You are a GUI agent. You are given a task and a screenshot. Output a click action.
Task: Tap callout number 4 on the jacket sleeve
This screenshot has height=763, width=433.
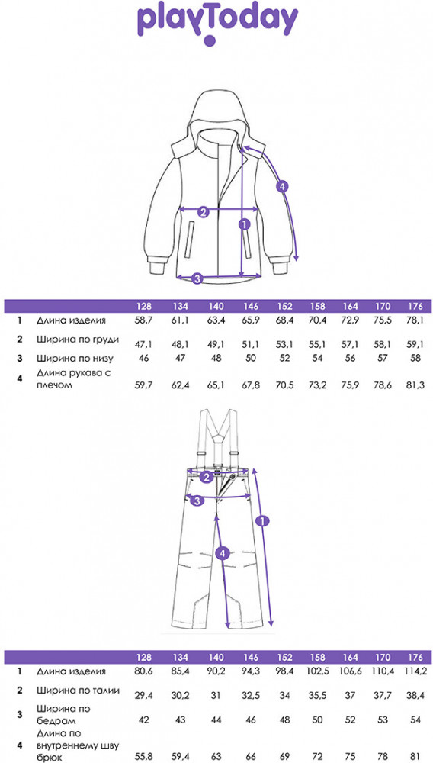[x=282, y=186]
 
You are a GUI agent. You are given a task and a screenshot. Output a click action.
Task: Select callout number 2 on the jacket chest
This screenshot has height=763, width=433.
[x=204, y=211]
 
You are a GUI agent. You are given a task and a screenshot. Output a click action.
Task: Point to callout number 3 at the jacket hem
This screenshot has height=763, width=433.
[x=197, y=278]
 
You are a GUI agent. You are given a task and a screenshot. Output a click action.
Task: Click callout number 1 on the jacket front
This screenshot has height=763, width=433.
[x=244, y=224]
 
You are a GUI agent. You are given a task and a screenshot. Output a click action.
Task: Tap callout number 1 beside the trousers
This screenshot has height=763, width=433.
[x=263, y=521]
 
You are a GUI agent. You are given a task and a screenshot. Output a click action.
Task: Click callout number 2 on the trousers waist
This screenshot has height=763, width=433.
[x=207, y=477]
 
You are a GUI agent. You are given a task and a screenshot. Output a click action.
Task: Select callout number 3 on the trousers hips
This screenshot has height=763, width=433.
[x=197, y=501]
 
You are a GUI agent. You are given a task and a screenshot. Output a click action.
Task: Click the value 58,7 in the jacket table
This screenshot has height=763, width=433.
[x=144, y=320]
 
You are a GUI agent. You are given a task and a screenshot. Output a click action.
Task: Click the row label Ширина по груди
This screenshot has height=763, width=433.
[x=78, y=340]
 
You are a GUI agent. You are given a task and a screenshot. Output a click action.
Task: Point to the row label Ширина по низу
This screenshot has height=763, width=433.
[x=75, y=359]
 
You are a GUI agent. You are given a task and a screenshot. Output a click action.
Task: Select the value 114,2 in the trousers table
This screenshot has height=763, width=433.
[x=415, y=671]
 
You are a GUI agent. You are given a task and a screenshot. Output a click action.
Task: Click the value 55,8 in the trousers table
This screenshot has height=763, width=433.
[x=144, y=758]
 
